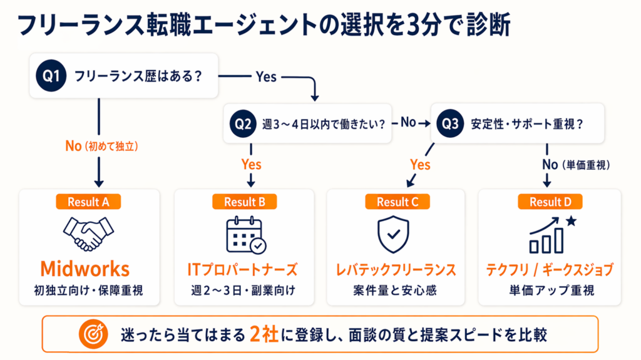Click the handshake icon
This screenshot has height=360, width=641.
[x=86, y=234]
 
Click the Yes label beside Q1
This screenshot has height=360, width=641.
[x=266, y=76]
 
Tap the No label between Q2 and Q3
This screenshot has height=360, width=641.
[x=408, y=123]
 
